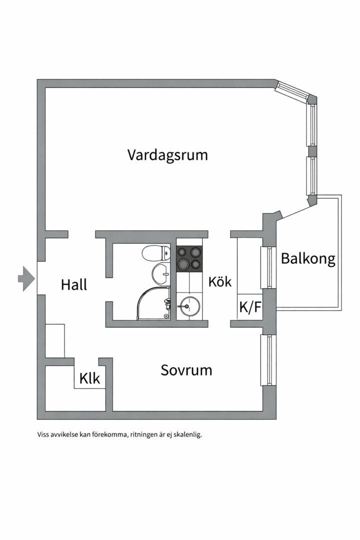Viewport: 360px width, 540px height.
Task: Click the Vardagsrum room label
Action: click(167, 154)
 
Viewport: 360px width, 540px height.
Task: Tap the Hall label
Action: click(74, 284)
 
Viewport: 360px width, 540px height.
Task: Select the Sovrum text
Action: click(186, 370)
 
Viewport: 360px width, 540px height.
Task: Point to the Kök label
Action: click(220, 281)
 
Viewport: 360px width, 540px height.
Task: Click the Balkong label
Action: click(307, 258)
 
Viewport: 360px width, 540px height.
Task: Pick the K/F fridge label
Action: click(250, 307)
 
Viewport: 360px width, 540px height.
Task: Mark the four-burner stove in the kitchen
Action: click(189, 257)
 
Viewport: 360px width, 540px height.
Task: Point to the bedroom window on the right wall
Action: click(268, 360)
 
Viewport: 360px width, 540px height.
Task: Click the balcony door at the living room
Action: click(298, 208)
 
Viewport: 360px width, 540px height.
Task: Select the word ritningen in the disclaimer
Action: click(145, 434)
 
